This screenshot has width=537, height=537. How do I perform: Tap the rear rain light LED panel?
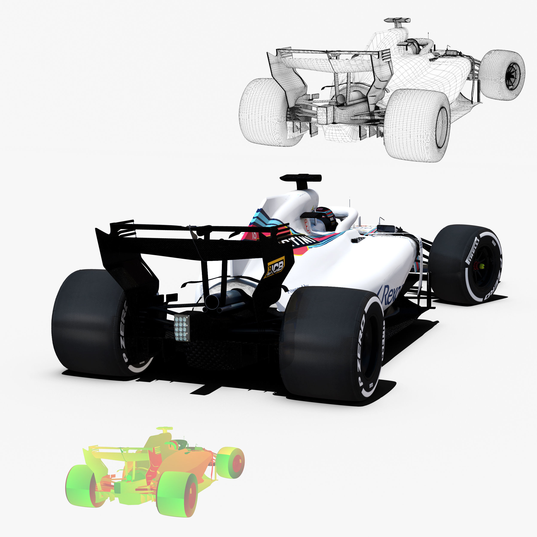(x=182, y=328)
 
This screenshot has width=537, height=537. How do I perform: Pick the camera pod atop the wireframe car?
(x=397, y=21)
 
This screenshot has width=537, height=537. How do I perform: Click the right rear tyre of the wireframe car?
(x=417, y=125)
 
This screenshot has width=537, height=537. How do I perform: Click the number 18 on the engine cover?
(x=254, y=236)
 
